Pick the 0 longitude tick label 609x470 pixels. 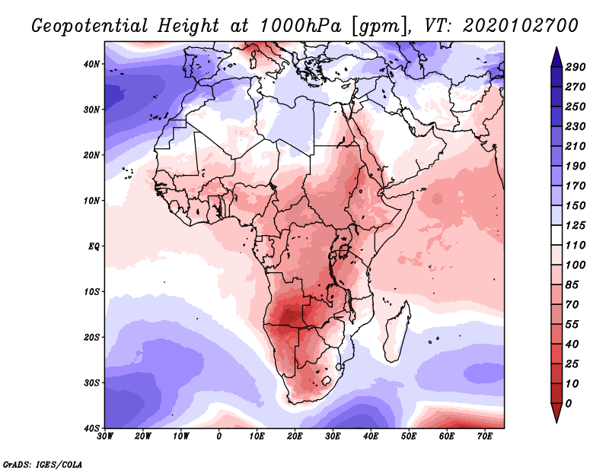tap(219, 437)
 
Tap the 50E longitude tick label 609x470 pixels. tap(409, 437)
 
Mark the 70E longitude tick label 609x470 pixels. tap(485, 437)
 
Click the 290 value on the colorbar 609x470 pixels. tap(575, 67)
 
